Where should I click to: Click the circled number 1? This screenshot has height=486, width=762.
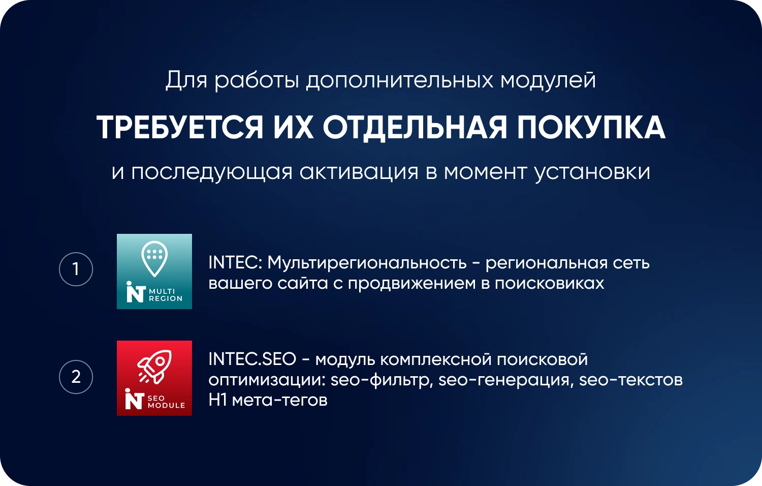pyautogui.click(x=76, y=269)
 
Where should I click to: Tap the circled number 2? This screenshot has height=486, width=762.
pyautogui.click(x=76, y=377)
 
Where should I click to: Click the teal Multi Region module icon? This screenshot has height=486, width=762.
pyautogui.click(x=154, y=271)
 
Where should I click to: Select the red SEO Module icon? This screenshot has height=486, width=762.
pyautogui.click(x=154, y=378)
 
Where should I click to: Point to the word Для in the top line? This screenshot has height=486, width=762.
pyautogui.click(x=186, y=80)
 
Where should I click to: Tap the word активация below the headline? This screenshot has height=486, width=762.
pyautogui.click(x=359, y=172)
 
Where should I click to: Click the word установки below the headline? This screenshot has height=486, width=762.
pyautogui.click(x=592, y=172)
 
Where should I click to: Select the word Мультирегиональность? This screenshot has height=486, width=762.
pyautogui.click(x=367, y=263)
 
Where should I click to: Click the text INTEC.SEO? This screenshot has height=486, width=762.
pyautogui.click(x=252, y=359)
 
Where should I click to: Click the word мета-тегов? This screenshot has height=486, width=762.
pyautogui.click(x=279, y=400)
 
